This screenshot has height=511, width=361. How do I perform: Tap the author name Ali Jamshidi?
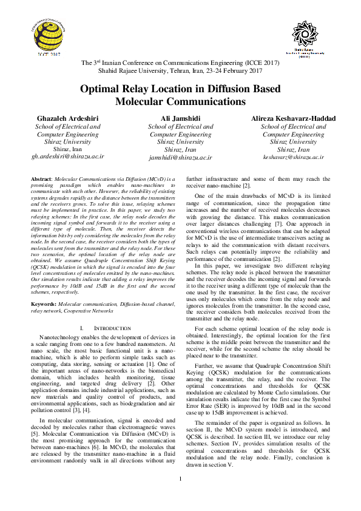pos(180,118)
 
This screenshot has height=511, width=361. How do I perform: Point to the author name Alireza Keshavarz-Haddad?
pos(293,118)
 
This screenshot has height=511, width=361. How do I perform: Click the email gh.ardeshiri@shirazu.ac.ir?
pos(68,156)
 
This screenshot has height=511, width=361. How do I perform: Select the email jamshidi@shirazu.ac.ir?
pos(180,157)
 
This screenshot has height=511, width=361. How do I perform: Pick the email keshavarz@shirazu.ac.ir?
pos(293,157)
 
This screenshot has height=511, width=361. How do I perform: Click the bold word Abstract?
pos(41,180)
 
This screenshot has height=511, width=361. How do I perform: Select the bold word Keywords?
pos(44,303)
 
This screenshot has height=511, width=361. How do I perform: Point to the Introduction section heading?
pos(107,328)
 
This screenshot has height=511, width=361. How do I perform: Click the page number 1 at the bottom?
pos(181,496)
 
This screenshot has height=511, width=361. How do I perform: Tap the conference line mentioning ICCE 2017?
pos(180,63)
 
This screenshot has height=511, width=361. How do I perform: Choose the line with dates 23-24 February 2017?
pos(180,71)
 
